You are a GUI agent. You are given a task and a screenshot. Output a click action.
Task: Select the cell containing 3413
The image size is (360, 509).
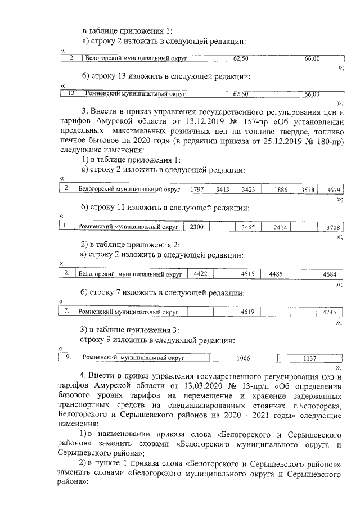point(222,190)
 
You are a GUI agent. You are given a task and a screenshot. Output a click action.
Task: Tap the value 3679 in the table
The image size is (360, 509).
point(334,190)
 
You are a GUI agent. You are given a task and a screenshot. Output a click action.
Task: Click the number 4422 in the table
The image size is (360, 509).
point(200,274)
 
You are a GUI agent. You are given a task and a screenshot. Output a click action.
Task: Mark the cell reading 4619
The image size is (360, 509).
point(248,311)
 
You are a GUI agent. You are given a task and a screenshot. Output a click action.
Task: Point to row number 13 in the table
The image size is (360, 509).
point(71,94)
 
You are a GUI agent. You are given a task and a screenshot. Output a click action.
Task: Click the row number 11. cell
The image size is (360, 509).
point(66,226)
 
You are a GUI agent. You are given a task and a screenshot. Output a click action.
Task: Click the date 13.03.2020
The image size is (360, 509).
point(192,385)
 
